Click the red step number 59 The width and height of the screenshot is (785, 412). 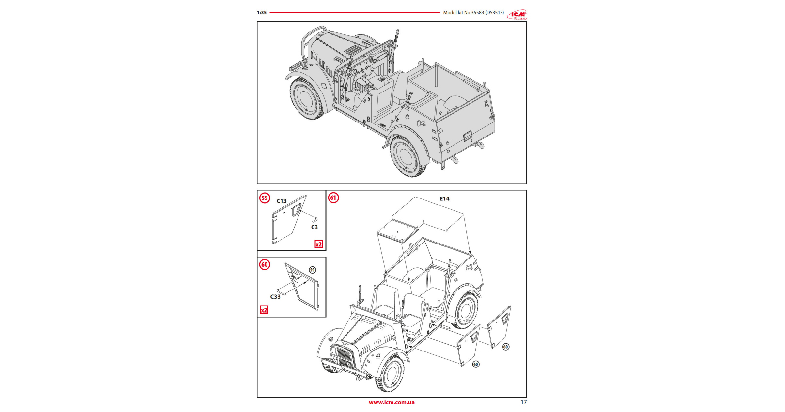point(265,198)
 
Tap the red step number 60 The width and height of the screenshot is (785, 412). point(265,265)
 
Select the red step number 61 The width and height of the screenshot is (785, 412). point(333,198)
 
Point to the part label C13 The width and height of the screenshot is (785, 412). point(282,201)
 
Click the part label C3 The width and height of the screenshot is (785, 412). point(314,227)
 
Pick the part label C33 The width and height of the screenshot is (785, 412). point(275,297)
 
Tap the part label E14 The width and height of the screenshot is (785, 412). point(444,199)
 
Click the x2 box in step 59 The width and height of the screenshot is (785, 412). point(319,244)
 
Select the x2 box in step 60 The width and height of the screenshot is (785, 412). point(264,310)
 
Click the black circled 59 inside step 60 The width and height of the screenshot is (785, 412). point(312,270)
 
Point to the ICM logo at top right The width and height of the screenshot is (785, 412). point(517,15)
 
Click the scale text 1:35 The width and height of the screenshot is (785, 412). point(262,13)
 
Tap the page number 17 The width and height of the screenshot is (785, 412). point(523,402)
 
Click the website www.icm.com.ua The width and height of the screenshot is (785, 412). point(392,402)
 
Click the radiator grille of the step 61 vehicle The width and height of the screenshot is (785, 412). point(342,358)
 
